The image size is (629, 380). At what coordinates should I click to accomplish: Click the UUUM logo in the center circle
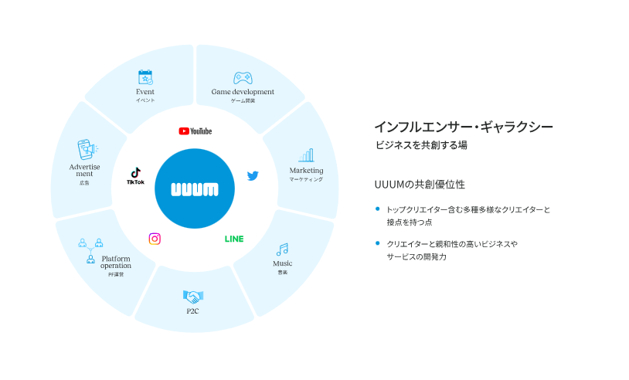pyautogui.click(x=194, y=188)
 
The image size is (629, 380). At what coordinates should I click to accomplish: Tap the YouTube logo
pyautogui.click(x=195, y=131)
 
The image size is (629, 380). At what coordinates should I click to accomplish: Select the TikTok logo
pyautogui.click(x=135, y=176)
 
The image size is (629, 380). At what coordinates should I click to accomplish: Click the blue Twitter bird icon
pyautogui.click(x=253, y=175)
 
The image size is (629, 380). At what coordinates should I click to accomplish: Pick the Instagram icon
pyautogui.click(x=155, y=239)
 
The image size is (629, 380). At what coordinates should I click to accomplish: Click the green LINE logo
pyautogui.click(x=234, y=239)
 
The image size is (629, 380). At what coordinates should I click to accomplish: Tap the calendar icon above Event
pyautogui.click(x=145, y=77)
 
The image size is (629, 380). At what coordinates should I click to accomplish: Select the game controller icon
pyautogui.click(x=243, y=78)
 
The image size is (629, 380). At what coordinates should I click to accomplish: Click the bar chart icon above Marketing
pyautogui.click(x=306, y=155)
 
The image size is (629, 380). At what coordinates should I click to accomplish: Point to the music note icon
pyautogui.click(x=282, y=249)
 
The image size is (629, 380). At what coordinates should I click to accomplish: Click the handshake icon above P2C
pyautogui.click(x=192, y=297)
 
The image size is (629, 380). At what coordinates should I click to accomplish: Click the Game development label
pyautogui.click(x=243, y=92)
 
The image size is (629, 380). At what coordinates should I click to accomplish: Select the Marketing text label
pyautogui.click(x=306, y=170)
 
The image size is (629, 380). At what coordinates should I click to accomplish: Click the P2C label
pyautogui.click(x=192, y=311)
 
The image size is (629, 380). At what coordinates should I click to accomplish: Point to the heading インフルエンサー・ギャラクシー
pyautogui.click(x=464, y=127)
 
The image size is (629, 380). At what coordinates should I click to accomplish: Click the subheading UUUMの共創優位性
pyautogui.click(x=420, y=185)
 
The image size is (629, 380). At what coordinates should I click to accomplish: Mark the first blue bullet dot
pyautogui.click(x=377, y=209)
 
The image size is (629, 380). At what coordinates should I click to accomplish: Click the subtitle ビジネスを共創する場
pyautogui.click(x=421, y=145)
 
